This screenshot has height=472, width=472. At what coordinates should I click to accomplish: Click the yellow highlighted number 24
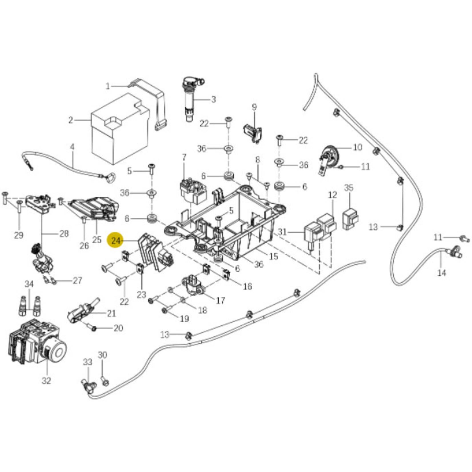click(116, 241)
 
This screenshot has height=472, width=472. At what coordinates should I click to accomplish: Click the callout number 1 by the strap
click(108, 86)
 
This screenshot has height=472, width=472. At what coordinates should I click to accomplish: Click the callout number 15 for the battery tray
click(273, 256)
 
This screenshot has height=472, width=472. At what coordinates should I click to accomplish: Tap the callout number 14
click(441, 273)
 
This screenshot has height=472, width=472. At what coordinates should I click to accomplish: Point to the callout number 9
click(254, 107)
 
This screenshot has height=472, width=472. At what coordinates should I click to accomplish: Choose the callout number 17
click(220, 300)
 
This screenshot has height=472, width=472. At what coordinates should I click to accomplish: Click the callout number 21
click(111, 313)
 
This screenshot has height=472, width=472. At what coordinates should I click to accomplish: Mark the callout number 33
click(88, 362)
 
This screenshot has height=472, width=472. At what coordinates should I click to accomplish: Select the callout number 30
click(103, 355)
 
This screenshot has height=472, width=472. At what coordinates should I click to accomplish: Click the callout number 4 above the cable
click(72, 147)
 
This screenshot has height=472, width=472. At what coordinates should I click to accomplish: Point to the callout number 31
click(282, 231)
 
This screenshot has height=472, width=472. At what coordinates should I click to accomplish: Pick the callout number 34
click(29, 284)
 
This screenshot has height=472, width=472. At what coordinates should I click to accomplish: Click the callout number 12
click(332, 195)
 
